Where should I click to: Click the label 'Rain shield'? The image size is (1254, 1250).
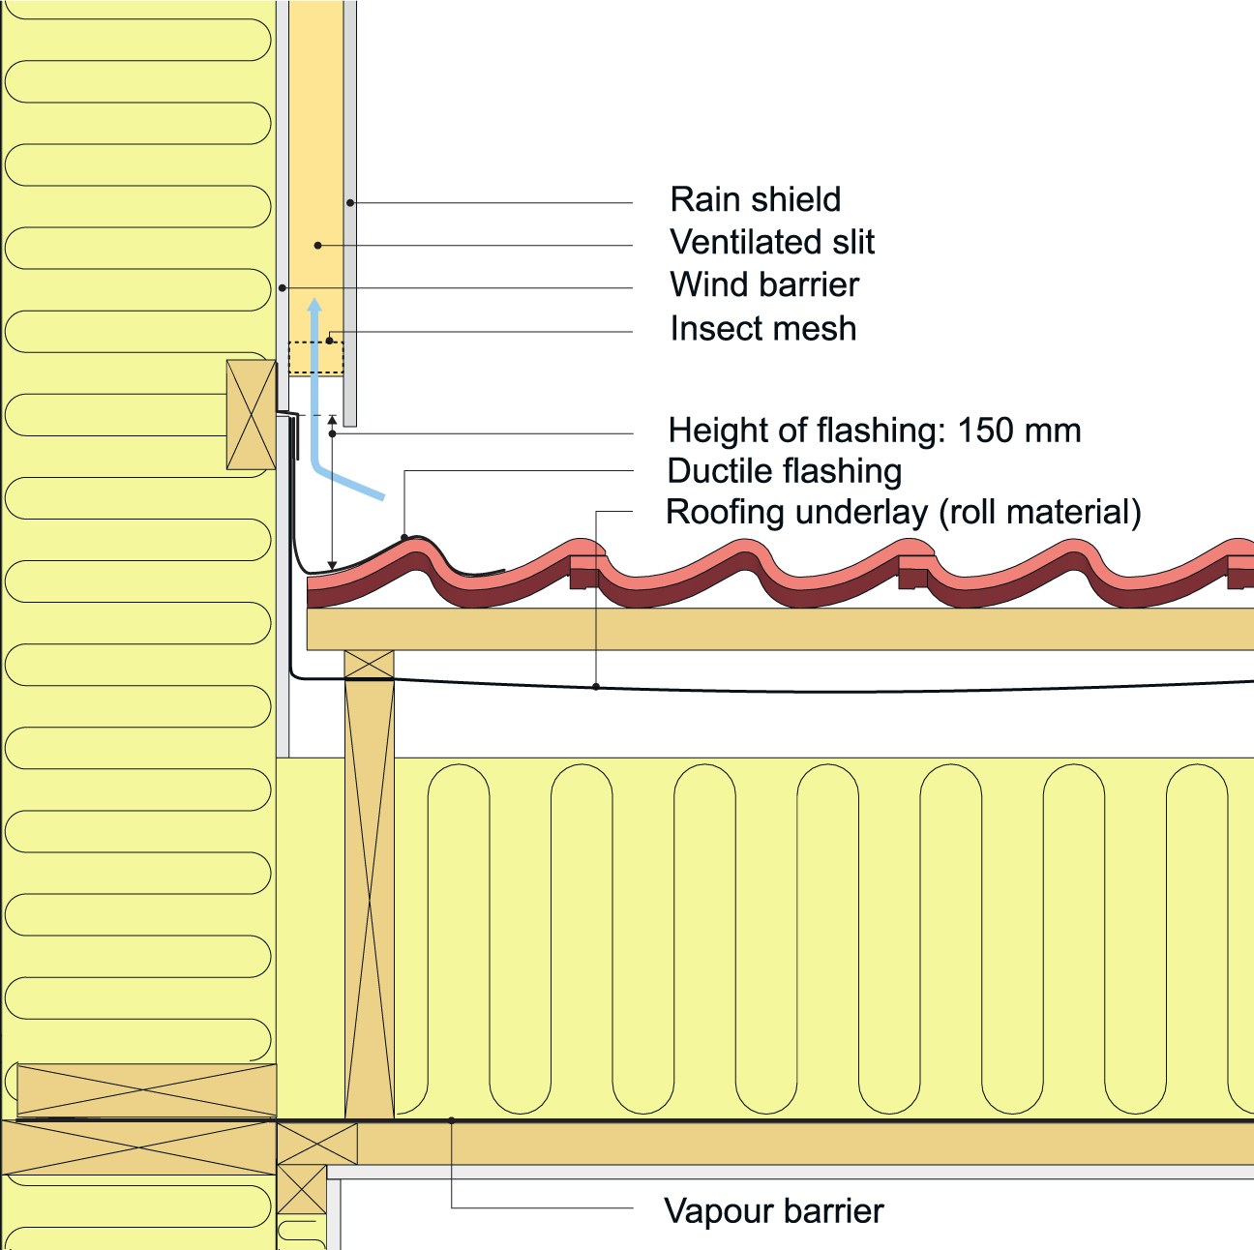coord(755,200)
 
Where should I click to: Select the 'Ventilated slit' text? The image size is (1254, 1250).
coord(771,243)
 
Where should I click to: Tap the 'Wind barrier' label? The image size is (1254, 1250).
coord(763,285)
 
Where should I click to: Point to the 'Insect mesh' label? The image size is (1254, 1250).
coord(762,329)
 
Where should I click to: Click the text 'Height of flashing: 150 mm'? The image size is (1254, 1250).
coord(874,431)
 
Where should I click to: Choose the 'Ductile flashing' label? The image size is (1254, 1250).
coord(784,471)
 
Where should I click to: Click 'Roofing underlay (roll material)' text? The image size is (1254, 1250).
coord(903,512)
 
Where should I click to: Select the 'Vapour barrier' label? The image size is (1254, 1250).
coord(773,1211)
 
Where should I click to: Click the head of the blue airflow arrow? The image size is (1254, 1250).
coord(314,306)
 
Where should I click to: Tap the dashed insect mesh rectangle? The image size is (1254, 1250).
coord(316,358)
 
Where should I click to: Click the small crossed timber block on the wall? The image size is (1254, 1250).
coord(251,415)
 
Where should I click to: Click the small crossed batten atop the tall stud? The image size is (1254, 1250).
coord(370,665)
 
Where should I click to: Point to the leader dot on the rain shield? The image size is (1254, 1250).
coord(350,202)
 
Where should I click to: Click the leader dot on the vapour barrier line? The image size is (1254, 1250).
coord(452,1120)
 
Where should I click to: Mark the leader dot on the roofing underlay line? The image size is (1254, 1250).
coord(596,687)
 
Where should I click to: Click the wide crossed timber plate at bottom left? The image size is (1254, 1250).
coord(138,1147)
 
